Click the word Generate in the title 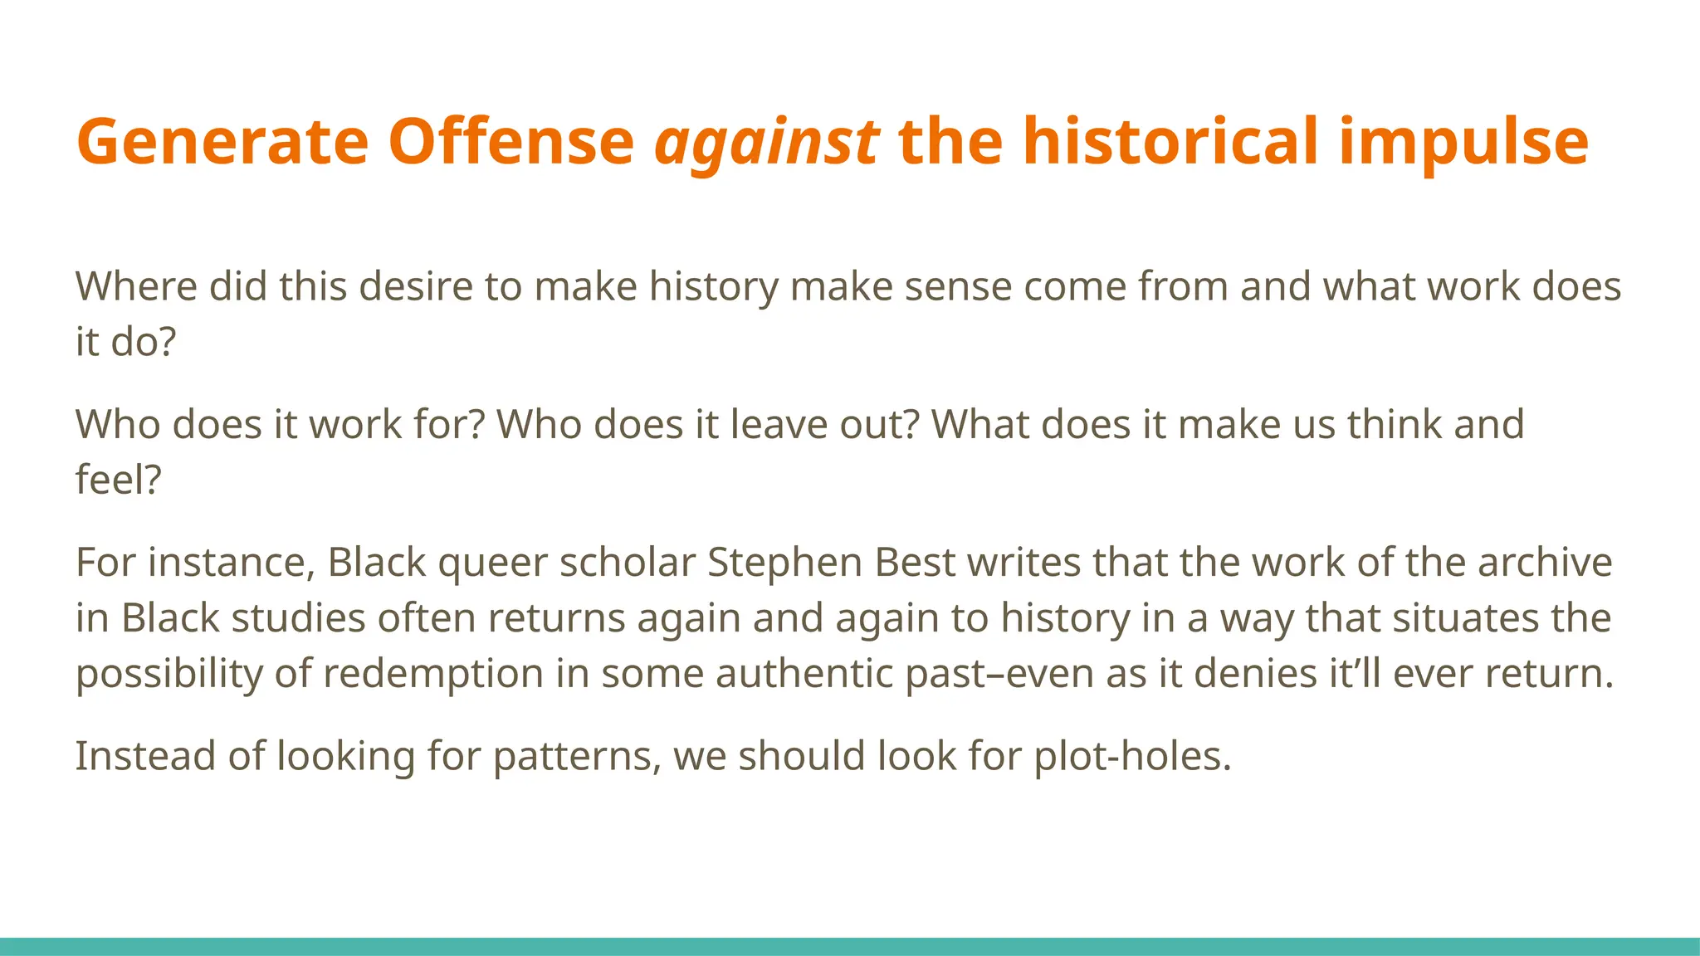(222, 141)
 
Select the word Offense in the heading (510, 141)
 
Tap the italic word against (767, 141)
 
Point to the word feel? (118, 480)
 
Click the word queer (492, 563)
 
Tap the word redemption (432, 673)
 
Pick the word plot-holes (1131, 756)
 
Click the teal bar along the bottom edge (850, 946)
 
